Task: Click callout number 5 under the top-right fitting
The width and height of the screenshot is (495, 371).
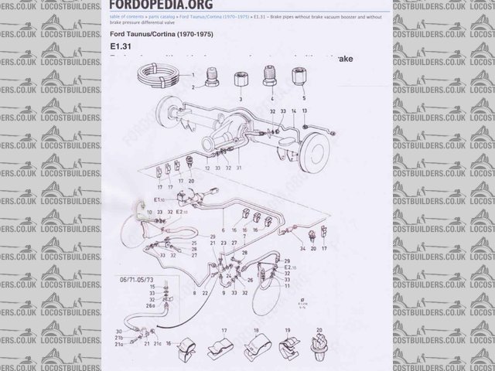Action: click(302, 98)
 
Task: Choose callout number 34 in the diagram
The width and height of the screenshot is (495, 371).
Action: click(303, 249)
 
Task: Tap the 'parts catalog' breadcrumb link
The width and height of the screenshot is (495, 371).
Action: click(160, 15)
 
